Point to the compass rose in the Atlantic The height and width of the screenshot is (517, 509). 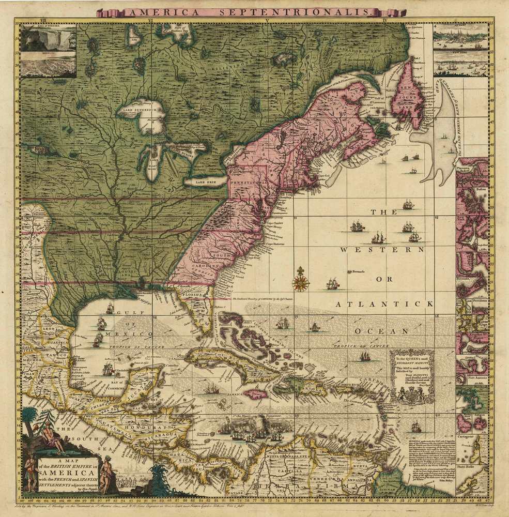coord(300,281)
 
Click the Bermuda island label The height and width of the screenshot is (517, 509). coord(358,272)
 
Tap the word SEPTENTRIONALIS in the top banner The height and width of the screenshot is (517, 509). coord(317,11)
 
